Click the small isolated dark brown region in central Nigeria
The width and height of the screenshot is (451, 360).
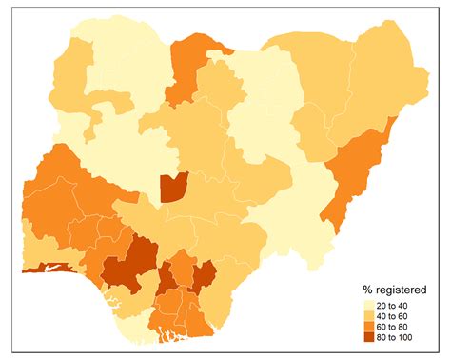(x=173, y=187)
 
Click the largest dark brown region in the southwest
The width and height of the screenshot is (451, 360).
(x=128, y=262)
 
